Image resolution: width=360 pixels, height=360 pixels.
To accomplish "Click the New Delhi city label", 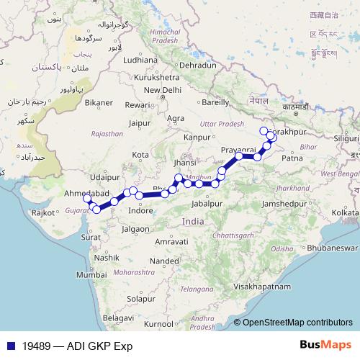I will [x=162, y=90].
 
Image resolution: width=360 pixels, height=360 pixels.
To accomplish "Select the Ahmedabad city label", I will [x=86, y=194].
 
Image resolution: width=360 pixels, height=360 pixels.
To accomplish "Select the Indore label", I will [x=140, y=211].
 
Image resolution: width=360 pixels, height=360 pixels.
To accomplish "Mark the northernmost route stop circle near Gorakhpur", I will [x=264, y=130].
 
